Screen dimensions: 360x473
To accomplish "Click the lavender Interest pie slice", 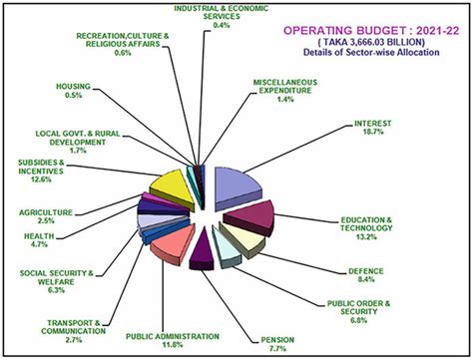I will [236, 185].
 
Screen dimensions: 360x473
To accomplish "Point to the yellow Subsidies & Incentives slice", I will [168, 185].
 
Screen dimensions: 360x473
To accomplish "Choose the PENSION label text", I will [276, 339].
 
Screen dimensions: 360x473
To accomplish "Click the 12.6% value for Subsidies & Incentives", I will [41, 181].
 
